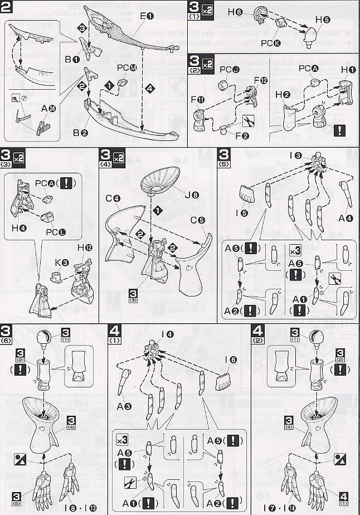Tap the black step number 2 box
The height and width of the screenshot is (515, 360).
click(x=7, y=7)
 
